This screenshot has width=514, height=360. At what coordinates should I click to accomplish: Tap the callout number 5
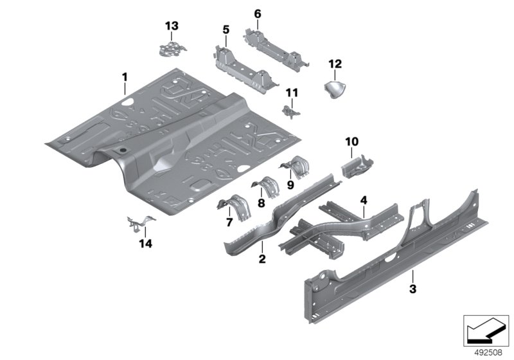[x=226, y=30]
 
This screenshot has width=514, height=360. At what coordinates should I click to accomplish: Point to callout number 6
[x=258, y=14]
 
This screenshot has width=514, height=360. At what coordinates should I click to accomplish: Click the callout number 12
[x=335, y=64]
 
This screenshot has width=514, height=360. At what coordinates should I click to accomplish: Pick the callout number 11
[x=292, y=93]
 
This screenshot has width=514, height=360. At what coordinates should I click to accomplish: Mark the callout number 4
[x=363, y=201]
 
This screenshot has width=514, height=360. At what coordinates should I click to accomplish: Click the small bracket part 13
[x=170, y=48]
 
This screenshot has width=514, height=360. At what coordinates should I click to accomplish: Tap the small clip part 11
[x=290, y=111]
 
